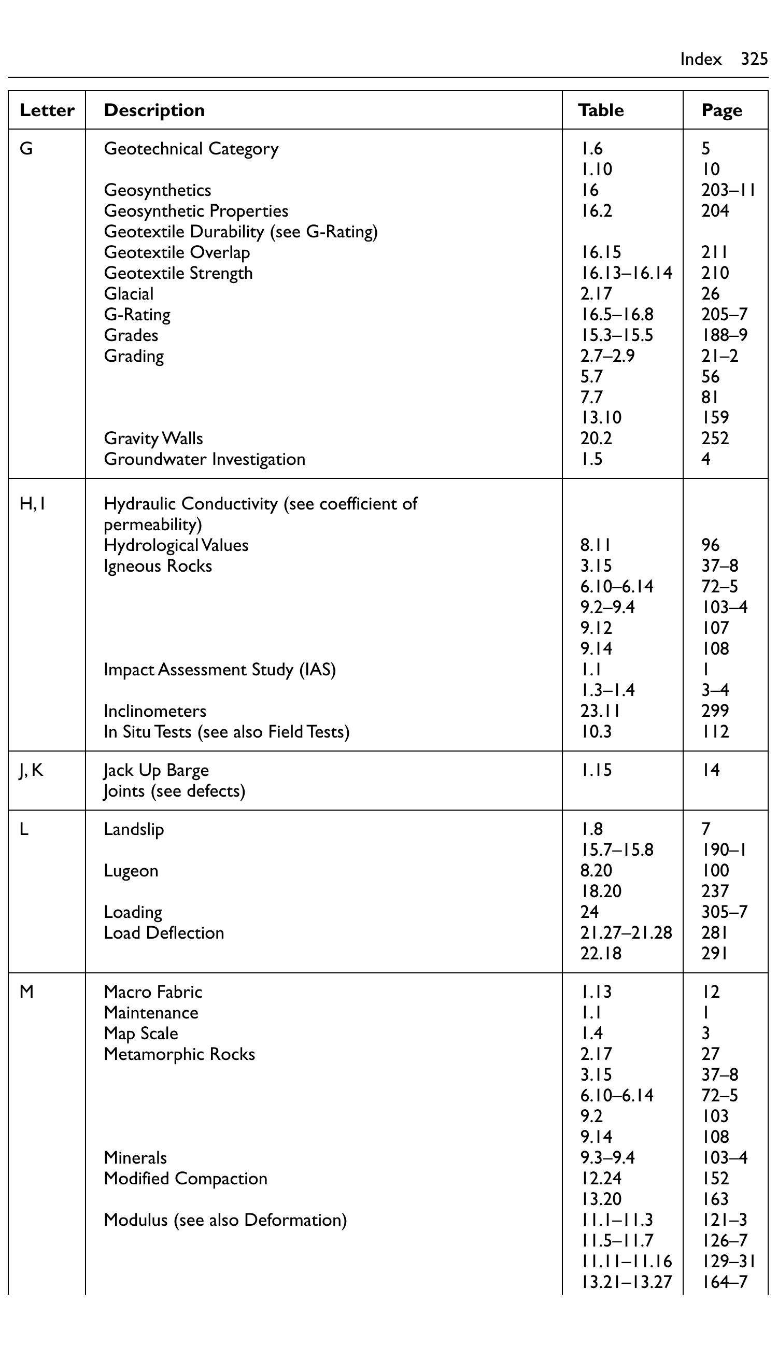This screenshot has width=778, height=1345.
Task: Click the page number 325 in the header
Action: [x=754, y=59]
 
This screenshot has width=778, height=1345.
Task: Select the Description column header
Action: [x=154, y=110]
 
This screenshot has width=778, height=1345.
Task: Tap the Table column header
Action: [x=601, y=110]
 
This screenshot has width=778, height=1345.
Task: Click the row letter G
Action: [x=26, y=148]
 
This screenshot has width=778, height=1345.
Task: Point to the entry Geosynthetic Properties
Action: [x=196, y=211]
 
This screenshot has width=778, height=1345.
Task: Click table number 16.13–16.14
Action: [x=626, y=273]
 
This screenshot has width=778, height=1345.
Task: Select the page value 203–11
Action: [x=728, y=190]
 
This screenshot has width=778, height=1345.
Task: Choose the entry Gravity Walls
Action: [x=153, y=438]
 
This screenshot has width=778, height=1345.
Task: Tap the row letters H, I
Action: [x=32, y=503]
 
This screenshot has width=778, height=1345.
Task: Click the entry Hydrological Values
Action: [x=176, y=545]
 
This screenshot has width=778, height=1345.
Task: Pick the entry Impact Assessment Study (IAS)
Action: [x=220, y=669]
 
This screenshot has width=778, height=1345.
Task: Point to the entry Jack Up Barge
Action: [x=157, y=770]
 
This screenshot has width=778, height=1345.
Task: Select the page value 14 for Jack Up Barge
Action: [x=710, y=770]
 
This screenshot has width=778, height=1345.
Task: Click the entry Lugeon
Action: [x=131, y=871]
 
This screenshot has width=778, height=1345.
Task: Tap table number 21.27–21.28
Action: [x=626, y=932]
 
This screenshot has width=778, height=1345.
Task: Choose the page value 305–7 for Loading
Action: [x=724, y=912]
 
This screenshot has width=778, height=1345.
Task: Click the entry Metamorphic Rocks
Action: [x=179, y=1054]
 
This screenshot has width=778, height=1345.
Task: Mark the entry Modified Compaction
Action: [x=186, y=1178]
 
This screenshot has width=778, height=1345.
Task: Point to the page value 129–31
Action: [x=728, y=1261]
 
